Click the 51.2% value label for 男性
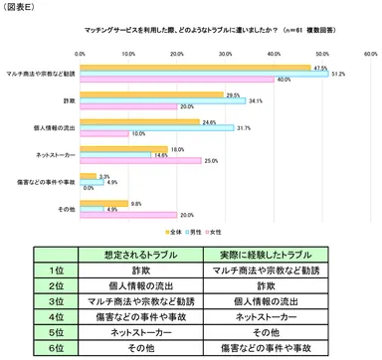point(338,74)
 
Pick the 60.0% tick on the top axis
point(370,54)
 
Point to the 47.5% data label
point(320,68)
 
